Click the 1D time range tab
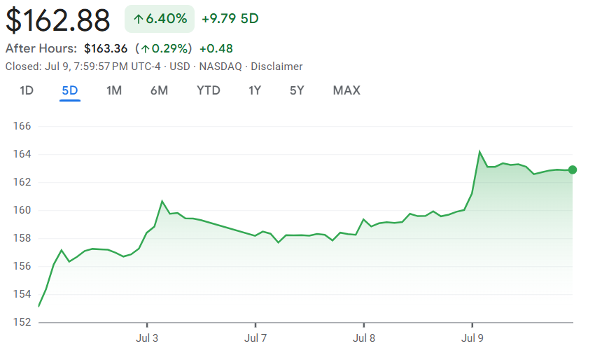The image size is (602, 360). click(27, 90)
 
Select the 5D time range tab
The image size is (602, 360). click(70, 90)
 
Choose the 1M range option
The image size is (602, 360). click(114, 90)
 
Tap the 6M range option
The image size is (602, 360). click(159, 90)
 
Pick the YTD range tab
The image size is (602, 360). click(209, 90)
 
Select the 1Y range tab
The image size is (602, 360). click(255, 90)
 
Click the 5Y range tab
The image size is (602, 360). click(297, 90)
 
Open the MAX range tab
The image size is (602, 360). click(346, 90)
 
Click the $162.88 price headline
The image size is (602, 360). click(58, 20)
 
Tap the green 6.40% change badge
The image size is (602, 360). click(160, 19)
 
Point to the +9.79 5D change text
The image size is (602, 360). click(230, 19)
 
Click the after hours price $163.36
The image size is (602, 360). click(105, 48)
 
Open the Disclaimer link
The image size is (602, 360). click(276, 67)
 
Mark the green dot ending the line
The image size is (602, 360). click(573, 169)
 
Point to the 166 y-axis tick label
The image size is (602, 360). click(24, 126)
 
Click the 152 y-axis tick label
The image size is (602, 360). click(24, 322)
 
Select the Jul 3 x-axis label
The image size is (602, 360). click(147, 338)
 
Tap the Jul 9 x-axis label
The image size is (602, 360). click(472, 338)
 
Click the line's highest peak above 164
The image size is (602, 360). click(479, 151)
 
